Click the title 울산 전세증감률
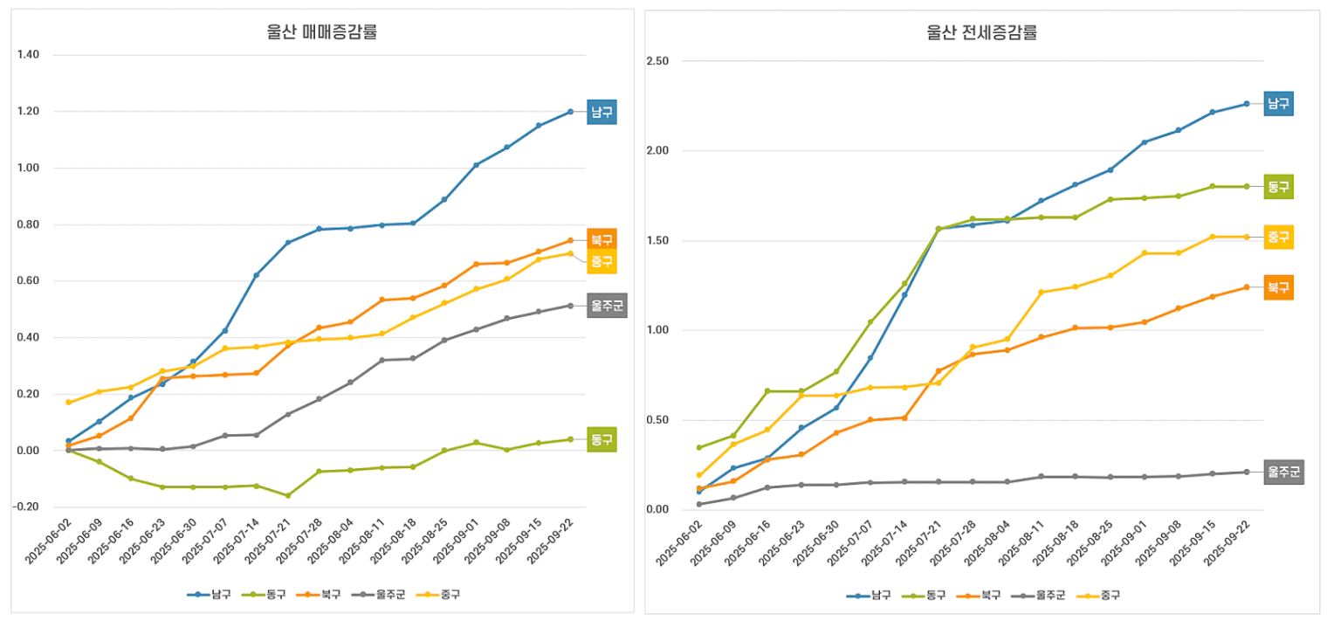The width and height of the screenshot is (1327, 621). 981,34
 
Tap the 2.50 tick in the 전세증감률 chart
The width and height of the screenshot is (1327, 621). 657,61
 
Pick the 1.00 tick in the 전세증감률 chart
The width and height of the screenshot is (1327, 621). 657,330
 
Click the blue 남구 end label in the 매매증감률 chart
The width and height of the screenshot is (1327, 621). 602,112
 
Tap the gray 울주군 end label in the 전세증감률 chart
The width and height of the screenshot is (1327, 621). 1283,473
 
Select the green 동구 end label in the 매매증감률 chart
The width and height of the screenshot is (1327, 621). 602,439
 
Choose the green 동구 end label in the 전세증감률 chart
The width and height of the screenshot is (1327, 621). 1278,186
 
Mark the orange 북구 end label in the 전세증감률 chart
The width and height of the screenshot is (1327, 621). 1278,286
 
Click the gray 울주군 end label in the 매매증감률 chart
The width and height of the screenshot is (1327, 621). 607,305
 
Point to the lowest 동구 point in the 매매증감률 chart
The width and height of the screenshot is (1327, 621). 287,495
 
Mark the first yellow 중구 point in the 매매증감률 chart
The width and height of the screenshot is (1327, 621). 68,403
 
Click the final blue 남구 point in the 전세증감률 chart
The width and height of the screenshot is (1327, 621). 1246,104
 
